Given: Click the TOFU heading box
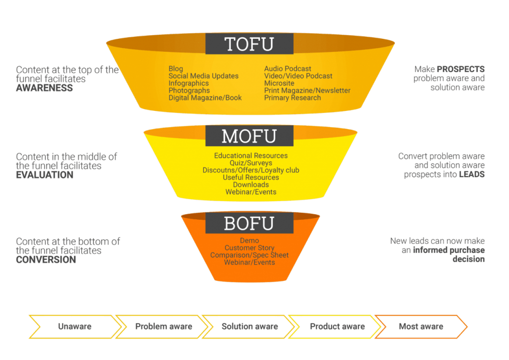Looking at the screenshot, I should (x=249, y=44).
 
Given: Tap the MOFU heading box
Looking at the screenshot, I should (x=250, y=136).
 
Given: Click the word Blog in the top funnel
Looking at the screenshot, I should (x=175, y=69).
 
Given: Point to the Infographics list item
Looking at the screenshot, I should (x=188, y=83).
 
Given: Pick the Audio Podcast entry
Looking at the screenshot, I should (x=288, y=69).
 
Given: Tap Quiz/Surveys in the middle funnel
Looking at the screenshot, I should (x=251, y=163).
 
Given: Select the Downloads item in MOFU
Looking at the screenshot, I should (x=251, y=184).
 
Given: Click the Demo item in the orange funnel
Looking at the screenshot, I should (x=249, y=241).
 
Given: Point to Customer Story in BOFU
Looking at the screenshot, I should (x=249, y=248).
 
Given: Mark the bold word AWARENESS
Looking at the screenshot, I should (x=44, y=88).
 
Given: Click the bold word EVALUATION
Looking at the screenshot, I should (x=45, y=175).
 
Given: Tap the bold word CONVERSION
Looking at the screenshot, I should (x=46, y=260).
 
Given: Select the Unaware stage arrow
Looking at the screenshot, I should (x=75, y=327).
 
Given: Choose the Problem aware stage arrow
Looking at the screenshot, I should (x=163, y=327).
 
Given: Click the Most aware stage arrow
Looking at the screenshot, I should (x=421, y=327).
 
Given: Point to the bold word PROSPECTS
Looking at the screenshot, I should (x=461, y=69).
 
